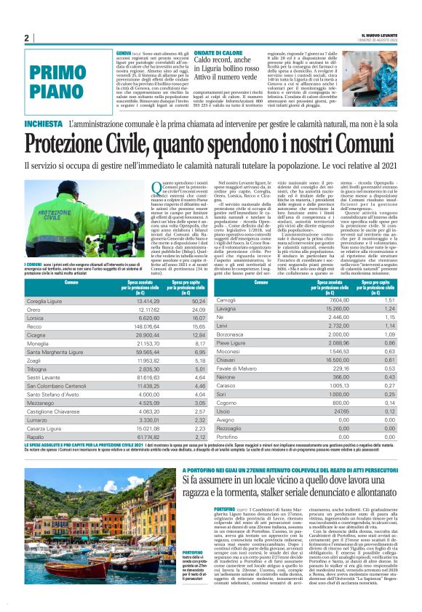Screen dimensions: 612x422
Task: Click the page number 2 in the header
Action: pyautogui.click(x=26, y=38)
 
